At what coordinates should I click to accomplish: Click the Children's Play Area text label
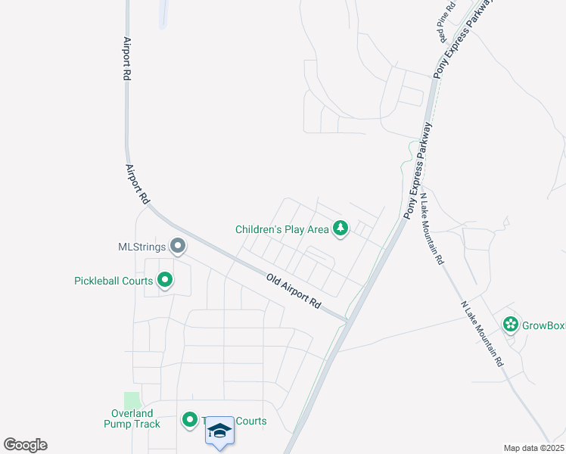pos(281,229)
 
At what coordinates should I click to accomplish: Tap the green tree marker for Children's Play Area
pos(341,228)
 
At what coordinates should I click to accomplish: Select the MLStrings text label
pos(141,246)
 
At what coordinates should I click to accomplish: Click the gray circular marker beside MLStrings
pos(178,245)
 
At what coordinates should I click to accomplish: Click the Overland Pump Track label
pos(132,418)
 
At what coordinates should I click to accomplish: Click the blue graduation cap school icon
pos(219,431)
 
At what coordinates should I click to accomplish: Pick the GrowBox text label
pos(544,325)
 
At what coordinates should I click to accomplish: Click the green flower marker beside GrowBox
pos(511,325)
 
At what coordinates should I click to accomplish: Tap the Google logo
pos(25,445)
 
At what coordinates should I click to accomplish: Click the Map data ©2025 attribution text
pos(533,448)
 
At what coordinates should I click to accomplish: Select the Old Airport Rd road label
pos(294,291)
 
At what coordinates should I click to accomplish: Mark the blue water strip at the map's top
pos(163,14)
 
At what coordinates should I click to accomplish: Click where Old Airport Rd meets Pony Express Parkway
pos(347,322)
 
